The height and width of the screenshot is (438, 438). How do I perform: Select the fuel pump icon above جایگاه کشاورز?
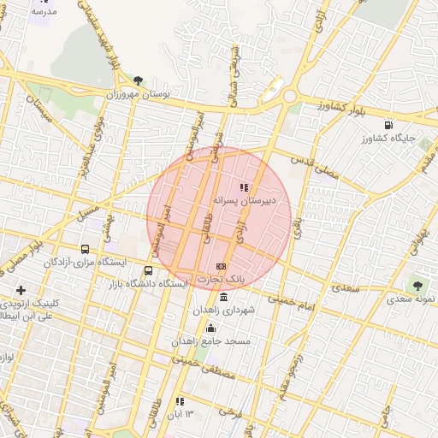(x=389, y=124)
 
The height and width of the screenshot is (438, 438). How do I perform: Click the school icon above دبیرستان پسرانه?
(x=244, y=186)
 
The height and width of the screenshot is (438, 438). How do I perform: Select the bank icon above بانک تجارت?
(x=222, y=266)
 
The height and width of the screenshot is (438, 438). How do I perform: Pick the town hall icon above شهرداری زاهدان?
(x=223, y=297)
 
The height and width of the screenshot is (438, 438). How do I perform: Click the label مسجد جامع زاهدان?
(x=210, y=341)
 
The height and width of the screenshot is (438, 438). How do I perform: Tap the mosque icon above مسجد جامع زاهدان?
(x=210, y=328)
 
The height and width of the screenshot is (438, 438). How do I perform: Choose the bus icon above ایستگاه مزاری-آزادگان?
(x=85, y=249)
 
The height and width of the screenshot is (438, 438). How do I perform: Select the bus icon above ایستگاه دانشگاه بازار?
(x=149, y=270)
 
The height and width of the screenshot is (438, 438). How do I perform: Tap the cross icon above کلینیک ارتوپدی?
(x=21, y=291)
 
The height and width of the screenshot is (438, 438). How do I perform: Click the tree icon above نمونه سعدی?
(x=417, y=286)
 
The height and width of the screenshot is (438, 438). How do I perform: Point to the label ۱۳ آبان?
(x=180, y=414)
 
